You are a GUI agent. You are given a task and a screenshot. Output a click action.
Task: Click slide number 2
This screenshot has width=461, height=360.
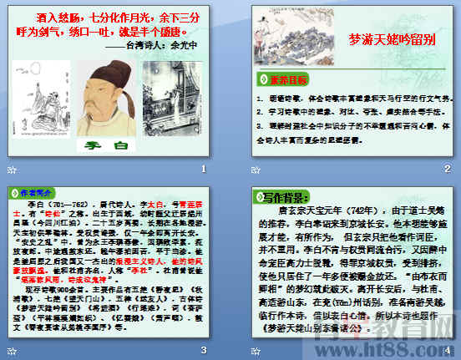(x=448, y=168)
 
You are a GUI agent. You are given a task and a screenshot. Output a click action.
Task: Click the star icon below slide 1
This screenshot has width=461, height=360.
(x=11, y=168)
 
